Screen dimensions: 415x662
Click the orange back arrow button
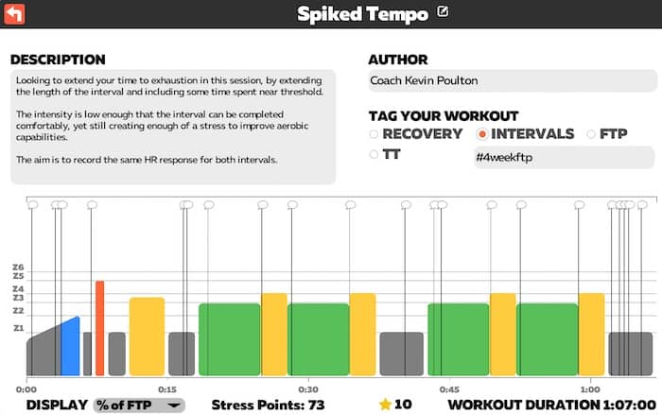click(x=15, y=14)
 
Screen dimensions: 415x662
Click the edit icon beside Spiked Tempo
click(x=443, y=13)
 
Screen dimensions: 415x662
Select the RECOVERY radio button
click(x=374, y=134)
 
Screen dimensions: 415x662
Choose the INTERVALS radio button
click(x=482, y=134)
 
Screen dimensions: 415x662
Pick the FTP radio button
click(x=591, y=134)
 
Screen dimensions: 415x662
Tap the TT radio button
click(x=374, y=154)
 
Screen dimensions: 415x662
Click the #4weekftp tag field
click(x=562, y=157)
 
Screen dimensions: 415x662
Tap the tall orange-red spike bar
click(x=99, y=327)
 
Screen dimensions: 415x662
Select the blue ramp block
click(x=70, y=348)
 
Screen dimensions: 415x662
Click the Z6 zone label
click(x=18, y=267)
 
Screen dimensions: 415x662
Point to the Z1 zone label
click(x=18, y=328)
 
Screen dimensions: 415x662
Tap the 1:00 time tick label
click(x=589, y=389)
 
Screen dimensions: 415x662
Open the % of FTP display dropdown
click(x=139, y=405)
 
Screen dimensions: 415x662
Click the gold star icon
click(x=385, y=405)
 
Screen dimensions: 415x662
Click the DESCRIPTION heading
click(x=58, y=60)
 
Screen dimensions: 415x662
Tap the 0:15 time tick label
click(x=166, y=389)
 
